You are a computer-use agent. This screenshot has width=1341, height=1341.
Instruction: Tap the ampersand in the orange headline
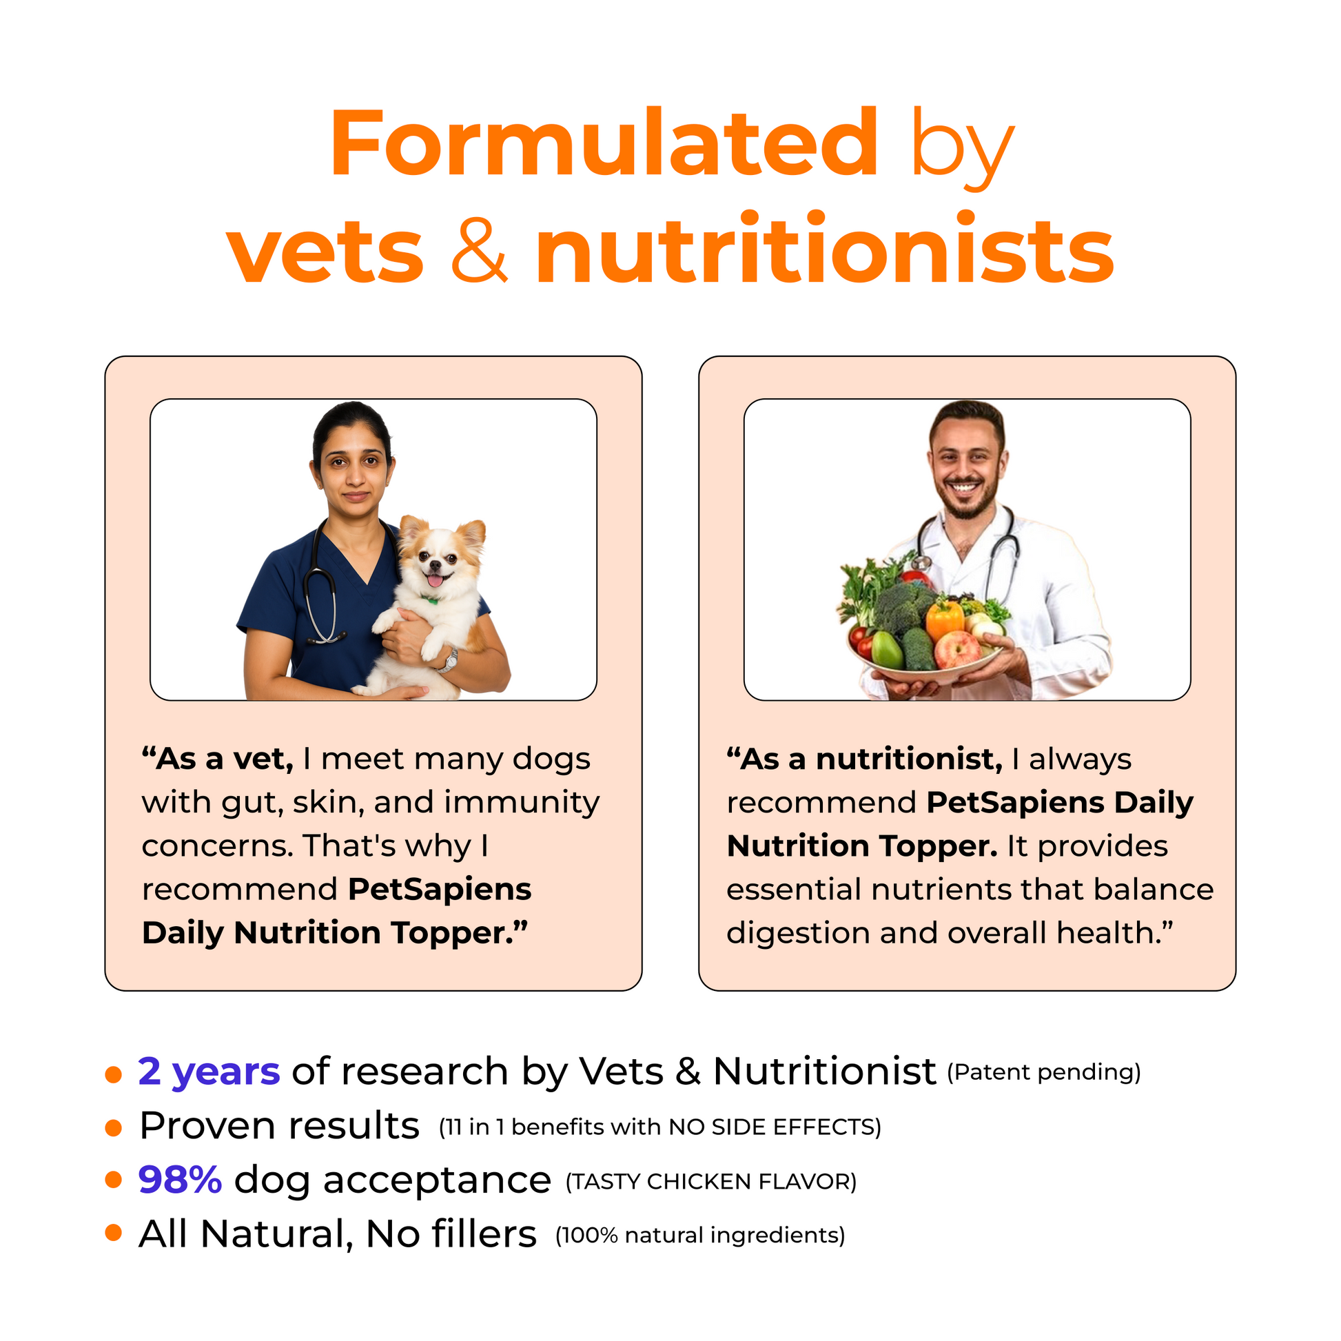point(479,249)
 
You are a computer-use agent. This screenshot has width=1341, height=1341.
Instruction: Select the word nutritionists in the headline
point(825,249)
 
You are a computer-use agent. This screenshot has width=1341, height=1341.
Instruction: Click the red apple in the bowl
point(957,650)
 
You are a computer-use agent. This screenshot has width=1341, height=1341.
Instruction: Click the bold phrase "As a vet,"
point(217,759)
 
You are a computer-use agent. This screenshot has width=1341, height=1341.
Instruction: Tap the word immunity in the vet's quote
point(522,803)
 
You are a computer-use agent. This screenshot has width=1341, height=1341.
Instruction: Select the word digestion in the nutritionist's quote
point(797,934)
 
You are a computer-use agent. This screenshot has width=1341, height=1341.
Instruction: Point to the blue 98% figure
point(180,1180)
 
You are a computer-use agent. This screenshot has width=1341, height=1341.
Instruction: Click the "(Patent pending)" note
point(1044,1072)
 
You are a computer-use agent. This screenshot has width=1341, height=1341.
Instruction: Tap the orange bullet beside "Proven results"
point(113,1128)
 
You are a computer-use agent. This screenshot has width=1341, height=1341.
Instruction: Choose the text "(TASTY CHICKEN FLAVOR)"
point(711,1181)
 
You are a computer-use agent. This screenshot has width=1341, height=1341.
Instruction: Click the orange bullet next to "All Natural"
point(113,1233)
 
